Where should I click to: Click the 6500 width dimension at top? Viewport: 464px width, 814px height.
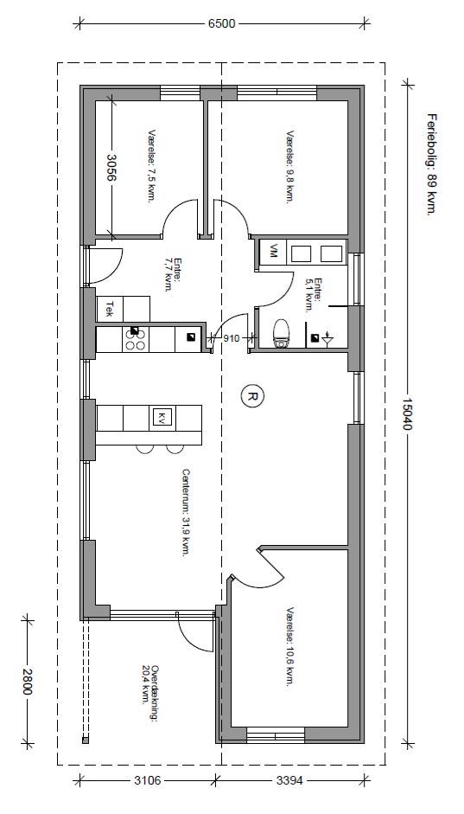click(x=222, y=24)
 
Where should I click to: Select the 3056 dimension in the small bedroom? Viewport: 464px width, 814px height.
click(x=111, y=166)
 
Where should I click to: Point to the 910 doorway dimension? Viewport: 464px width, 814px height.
click(x=232, y=338)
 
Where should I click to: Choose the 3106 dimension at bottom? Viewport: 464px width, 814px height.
click(x=147, y=779)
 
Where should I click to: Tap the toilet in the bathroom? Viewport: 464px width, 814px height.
click(x=282, y=333)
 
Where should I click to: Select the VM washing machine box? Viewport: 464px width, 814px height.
click(x=272, y=253)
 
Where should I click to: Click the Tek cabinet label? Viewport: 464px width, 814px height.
click(x=110, y=310)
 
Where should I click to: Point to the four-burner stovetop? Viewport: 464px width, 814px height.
click(x=136, y=339)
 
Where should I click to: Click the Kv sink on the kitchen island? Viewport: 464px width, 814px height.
click(x=162, y=418)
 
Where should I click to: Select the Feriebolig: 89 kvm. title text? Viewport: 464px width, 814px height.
click(x=429, y=164)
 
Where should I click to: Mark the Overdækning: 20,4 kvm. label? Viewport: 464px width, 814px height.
click(x=149, y=684)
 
